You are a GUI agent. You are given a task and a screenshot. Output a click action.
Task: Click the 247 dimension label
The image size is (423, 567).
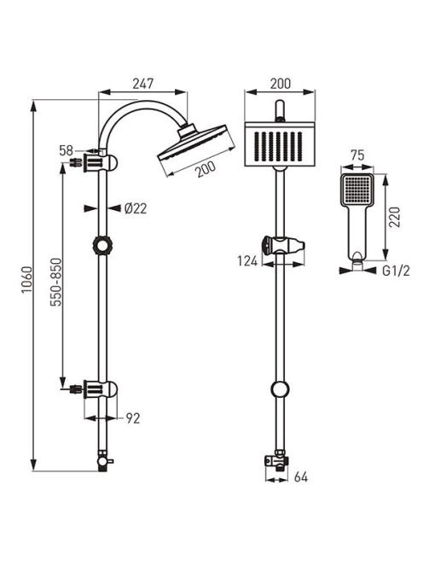(143, 84)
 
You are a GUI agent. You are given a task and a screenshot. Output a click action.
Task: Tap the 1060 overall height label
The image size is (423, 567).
(26, 280)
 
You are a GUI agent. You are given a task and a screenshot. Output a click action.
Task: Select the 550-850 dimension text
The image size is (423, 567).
(56, 282)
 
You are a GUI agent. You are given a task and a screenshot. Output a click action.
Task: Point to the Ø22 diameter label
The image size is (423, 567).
(136, 208)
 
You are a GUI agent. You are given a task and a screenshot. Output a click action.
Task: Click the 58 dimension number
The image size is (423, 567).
(67, 150)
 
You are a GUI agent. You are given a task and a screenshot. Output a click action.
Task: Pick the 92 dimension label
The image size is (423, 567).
(133, 418)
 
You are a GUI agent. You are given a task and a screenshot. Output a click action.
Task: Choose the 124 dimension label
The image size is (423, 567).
(247, 260)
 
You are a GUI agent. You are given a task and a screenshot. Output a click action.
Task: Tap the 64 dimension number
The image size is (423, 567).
(301, 477)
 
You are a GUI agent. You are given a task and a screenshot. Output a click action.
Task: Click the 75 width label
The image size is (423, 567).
(357, 155)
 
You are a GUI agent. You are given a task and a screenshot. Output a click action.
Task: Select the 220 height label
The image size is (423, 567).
(395, 217)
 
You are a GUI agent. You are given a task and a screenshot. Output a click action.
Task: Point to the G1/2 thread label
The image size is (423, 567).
(396, 271)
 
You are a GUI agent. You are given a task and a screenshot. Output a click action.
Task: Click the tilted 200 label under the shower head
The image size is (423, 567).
(206, 169)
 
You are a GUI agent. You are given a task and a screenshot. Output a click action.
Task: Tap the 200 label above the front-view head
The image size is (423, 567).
(281, 84)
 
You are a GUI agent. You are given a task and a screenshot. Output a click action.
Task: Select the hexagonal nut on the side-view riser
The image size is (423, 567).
(101, 246)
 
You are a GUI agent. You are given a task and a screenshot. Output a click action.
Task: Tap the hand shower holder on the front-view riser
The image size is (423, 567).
(283, 246)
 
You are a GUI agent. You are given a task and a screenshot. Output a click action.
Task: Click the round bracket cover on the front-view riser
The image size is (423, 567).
(280, 389)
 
